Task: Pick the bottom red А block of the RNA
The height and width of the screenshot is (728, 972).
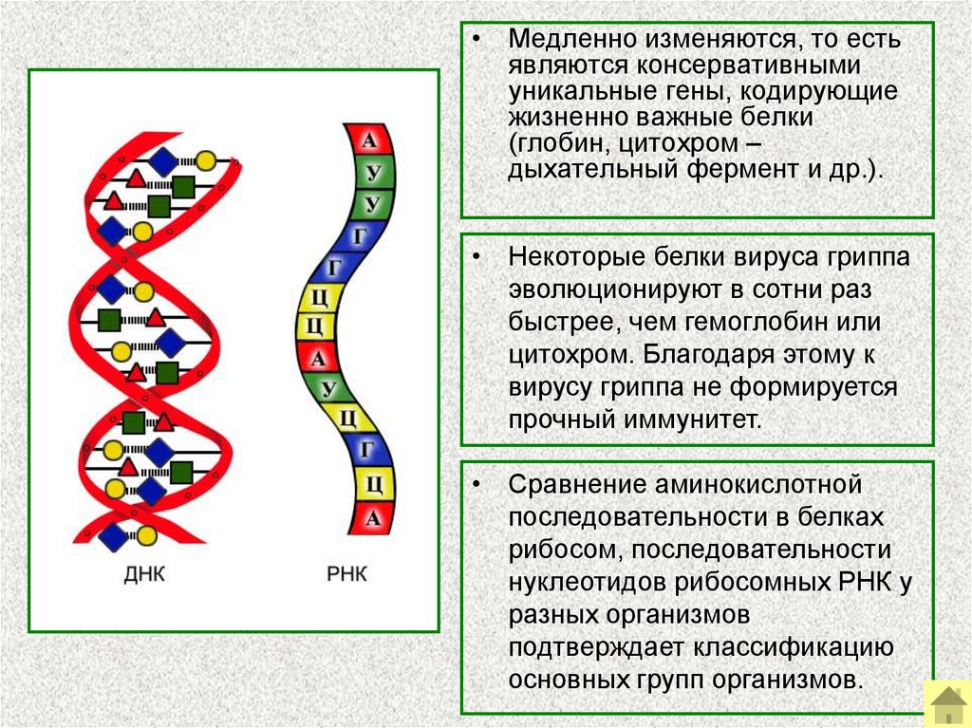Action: click(x=373, y=518)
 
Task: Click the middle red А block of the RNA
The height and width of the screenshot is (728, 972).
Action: click(x=319, y=358)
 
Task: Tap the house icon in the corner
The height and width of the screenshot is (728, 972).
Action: click(x=946, y=703)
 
